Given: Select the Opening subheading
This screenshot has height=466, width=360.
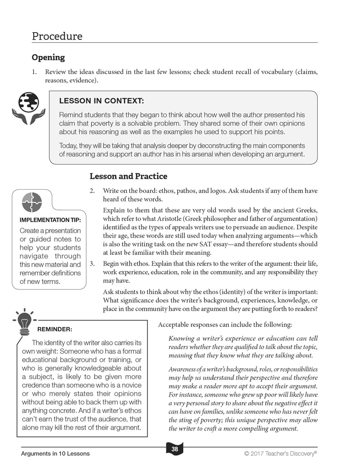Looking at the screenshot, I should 48,58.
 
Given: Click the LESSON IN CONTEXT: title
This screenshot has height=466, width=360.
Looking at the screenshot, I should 102,101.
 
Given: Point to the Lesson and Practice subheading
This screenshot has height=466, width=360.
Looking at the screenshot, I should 128,176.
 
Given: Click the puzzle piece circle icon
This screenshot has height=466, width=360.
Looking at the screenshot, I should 32,202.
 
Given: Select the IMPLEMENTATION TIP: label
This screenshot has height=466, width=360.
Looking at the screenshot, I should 50,220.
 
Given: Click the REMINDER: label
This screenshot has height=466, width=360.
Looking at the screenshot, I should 54,329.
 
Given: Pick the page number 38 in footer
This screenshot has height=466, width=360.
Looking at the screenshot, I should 175,449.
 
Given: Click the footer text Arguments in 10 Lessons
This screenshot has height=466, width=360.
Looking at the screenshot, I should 55,453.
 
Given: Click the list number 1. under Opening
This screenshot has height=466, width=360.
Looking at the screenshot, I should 34,72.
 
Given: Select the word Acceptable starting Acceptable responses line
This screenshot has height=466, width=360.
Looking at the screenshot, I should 174,324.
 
